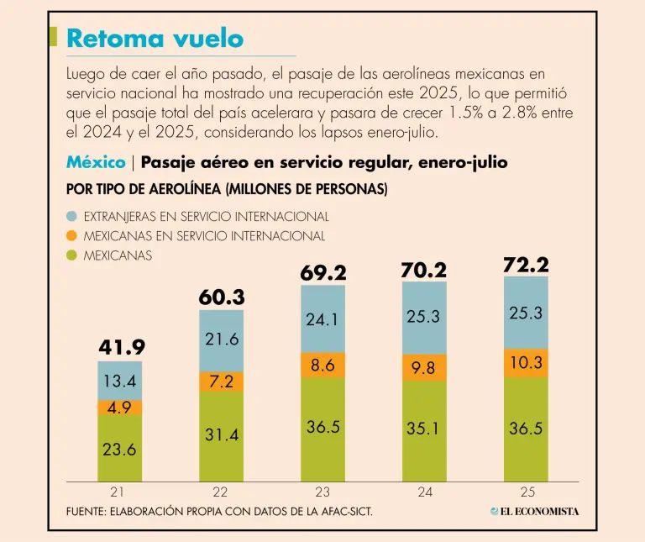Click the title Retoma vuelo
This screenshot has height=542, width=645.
[155, 39]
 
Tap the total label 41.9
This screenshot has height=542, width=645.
[119, 346]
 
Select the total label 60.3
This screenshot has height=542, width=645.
[221, 297]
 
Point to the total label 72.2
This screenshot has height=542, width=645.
[526, 266]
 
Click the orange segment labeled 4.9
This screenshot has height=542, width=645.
[119, 408]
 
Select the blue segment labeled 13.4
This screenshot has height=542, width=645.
[119, 381]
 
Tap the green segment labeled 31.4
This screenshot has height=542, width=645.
[221, 435]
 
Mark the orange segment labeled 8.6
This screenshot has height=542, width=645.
[322, 365]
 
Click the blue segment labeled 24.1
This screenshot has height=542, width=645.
[322, 319]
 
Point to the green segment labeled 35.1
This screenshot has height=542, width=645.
[424, 429]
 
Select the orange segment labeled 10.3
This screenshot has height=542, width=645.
[526, 363]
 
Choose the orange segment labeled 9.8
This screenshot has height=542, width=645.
[424, 367]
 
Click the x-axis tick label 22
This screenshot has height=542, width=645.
[221, 492]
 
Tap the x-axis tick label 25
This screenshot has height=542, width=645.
[527, 492]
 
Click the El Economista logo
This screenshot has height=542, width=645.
[535, 512]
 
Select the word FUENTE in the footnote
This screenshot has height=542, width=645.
[86, 512]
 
